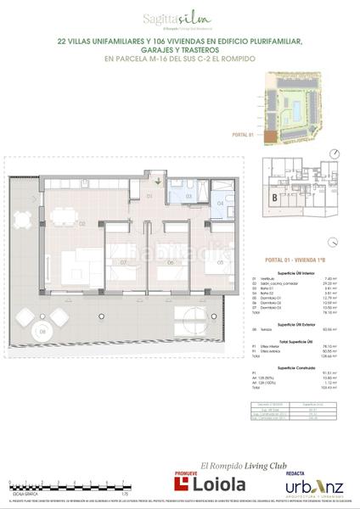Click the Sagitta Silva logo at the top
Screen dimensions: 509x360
tap(180, 15)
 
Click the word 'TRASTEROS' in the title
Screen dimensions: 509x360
tap(222, 49)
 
